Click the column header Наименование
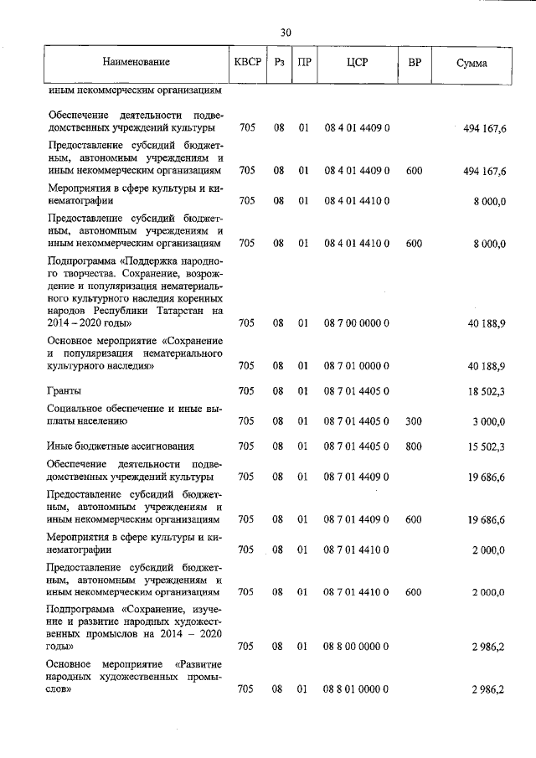(137, 63)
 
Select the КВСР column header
(248, 63)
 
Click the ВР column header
(414, 63)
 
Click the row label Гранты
(64, 390)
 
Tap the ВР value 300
(413, 421)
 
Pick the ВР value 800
(413, 446)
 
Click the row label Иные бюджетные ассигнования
(121, 446)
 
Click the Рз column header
(279, 63)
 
